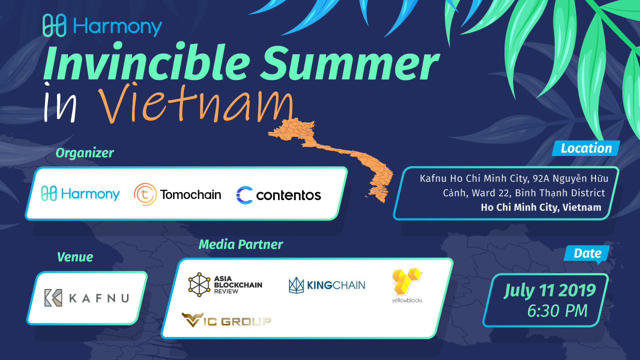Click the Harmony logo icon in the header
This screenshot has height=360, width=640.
[x=54, y=25]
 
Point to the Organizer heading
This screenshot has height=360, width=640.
[x=84, y=153]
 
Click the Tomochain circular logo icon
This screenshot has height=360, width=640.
[x=145, y=194]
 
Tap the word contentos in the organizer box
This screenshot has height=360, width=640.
[x=288, y=195]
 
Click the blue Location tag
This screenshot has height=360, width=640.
[x=585, y=148]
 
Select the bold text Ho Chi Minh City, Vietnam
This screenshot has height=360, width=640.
[x=541, y=207]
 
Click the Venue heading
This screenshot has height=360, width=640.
[x=75, y=257]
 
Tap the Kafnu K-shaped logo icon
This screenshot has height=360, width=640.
[x=53, y=298]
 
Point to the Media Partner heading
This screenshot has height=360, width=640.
[x=240, y=244]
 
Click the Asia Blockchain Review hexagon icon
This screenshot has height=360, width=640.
[x=199, y=284]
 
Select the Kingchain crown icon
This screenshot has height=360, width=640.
[x=296, y=285]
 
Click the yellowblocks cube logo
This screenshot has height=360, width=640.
[x=407, y=285]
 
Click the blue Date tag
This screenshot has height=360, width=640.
[x=587, y=253]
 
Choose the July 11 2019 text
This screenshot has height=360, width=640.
[x=549, y=291]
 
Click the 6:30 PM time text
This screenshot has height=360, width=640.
[x=557, y=311]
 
